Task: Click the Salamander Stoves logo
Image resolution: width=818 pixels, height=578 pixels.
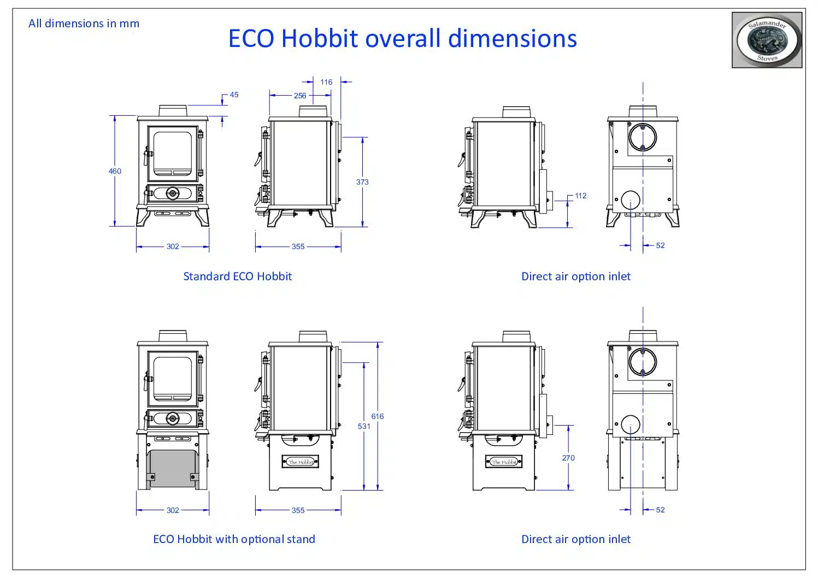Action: pyautogui.click(x=767, y=40)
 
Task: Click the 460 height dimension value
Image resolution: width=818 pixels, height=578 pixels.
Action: pyautogui.click(x=115, y=171)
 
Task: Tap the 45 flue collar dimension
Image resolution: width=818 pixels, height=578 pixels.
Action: pyautogui.click(x=234, y=95)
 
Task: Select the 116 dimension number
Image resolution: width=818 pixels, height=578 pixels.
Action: pyautogui.click(x=326, y=82)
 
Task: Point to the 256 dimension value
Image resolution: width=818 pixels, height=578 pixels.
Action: pyautogui.click(x=300, y=96)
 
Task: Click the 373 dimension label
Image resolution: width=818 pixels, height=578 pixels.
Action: pyautogui.click(x=362, y=182)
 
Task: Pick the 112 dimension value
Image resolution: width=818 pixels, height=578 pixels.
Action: pyautogui.click(x=581, y=196)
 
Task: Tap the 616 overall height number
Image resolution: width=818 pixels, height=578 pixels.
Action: pyautogui.click(x=377, y=416)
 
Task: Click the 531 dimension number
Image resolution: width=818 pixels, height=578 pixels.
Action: pyautogui.click(x=364, y=426)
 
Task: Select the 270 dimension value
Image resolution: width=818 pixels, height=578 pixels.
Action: pyautogui.click(x=568, y=458)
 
